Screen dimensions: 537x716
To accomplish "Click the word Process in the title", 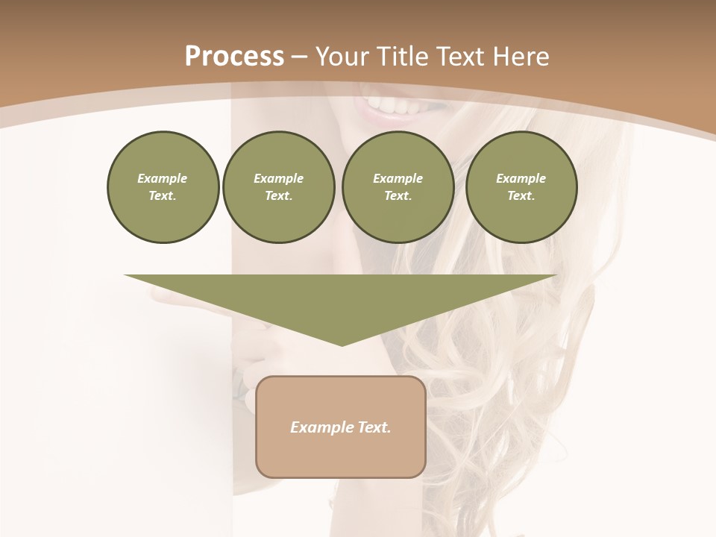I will point(234,56).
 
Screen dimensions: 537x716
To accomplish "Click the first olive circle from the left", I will point(163,187).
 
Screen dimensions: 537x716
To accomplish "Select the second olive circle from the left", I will point(278,187).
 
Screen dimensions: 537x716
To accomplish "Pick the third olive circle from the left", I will point(398,187).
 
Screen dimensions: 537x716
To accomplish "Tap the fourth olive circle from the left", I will point(521,187).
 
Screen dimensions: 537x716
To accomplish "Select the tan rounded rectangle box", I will point(341,455).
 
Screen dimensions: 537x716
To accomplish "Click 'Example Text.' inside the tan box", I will point(341,427).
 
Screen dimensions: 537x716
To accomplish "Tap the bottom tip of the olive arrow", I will point(342,343).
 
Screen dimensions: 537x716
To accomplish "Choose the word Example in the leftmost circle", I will point(163,178).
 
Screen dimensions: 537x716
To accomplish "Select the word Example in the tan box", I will point(320,427).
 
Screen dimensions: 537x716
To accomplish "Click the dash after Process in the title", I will point(300,57).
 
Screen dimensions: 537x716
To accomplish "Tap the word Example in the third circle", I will point(398,178).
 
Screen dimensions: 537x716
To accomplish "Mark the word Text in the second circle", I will point(277,195).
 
